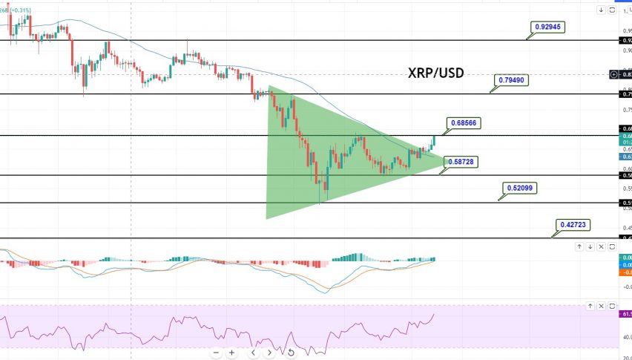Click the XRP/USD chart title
point(436,73)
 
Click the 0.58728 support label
point(464,161)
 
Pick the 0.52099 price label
point(519,189)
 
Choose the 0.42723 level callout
point(572,223)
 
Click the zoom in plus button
point(232,353)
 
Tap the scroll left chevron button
point(253,353)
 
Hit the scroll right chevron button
point(269,353)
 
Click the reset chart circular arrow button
point(291,353)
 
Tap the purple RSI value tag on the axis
point(625,314)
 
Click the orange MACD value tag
point(625,272)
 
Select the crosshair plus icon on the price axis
point(613,74)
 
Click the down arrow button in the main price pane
point(601,10)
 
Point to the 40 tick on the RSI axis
point(625,337)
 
